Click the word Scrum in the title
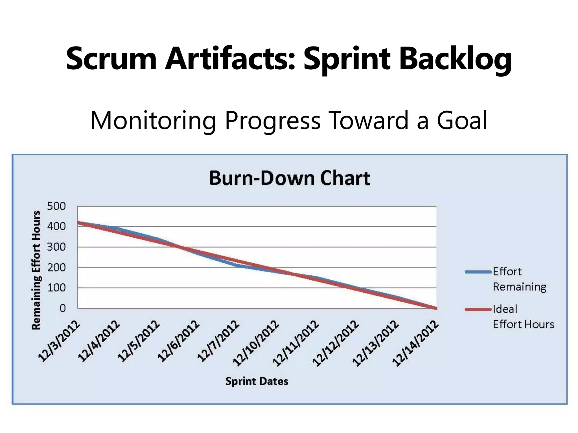(111, 59)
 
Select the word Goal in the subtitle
(462, 120)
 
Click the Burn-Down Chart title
(290, 178)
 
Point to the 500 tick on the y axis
(56, 206)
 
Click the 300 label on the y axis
(56, 247)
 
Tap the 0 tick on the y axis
(62, 308)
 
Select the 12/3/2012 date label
(59, 341)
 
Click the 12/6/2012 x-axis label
(179, 341)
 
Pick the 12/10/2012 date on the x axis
(256, 343)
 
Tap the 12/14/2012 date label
(416, 343)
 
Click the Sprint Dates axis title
(257, 381)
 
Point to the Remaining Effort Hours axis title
(36, 270)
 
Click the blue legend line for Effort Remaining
(478, 272)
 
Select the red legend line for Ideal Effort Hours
(478, 310)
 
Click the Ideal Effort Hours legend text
(523, 317)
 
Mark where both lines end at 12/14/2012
(436, 308)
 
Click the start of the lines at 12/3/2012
(78, 223)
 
